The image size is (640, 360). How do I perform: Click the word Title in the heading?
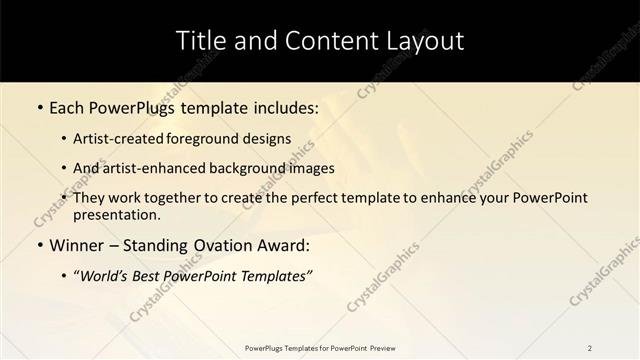[x=200, y=41]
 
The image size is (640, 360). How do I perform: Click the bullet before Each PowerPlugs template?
[x=39, y=106]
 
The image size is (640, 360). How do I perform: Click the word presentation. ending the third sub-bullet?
[x=115, y=214]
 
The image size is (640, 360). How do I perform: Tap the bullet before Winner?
[x=39, y=245]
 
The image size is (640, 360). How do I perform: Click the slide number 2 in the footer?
[x=590, y=347]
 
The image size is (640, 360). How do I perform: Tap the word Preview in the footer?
[x=381, y=347]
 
